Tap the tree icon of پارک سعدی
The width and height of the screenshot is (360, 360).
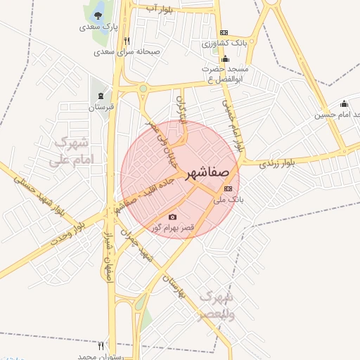(97, 16)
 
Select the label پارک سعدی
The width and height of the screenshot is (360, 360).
(97, 27)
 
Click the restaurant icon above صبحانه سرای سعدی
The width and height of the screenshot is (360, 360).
(127, 41)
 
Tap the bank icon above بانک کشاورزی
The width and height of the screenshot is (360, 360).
(224, 32)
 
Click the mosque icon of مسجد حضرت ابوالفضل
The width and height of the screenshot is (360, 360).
(225, 58)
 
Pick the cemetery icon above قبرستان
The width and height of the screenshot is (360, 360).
(102, 96)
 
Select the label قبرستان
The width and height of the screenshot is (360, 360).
(101, 107)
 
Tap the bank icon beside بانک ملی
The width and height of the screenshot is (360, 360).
(228, 188)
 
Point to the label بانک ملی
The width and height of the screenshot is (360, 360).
(227, 200)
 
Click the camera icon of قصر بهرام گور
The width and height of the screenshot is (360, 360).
(173, 217)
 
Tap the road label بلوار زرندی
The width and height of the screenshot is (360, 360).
(276, 163)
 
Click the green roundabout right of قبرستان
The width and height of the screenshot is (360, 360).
(143, 89)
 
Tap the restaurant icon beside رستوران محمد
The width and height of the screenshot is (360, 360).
(101, 346)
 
